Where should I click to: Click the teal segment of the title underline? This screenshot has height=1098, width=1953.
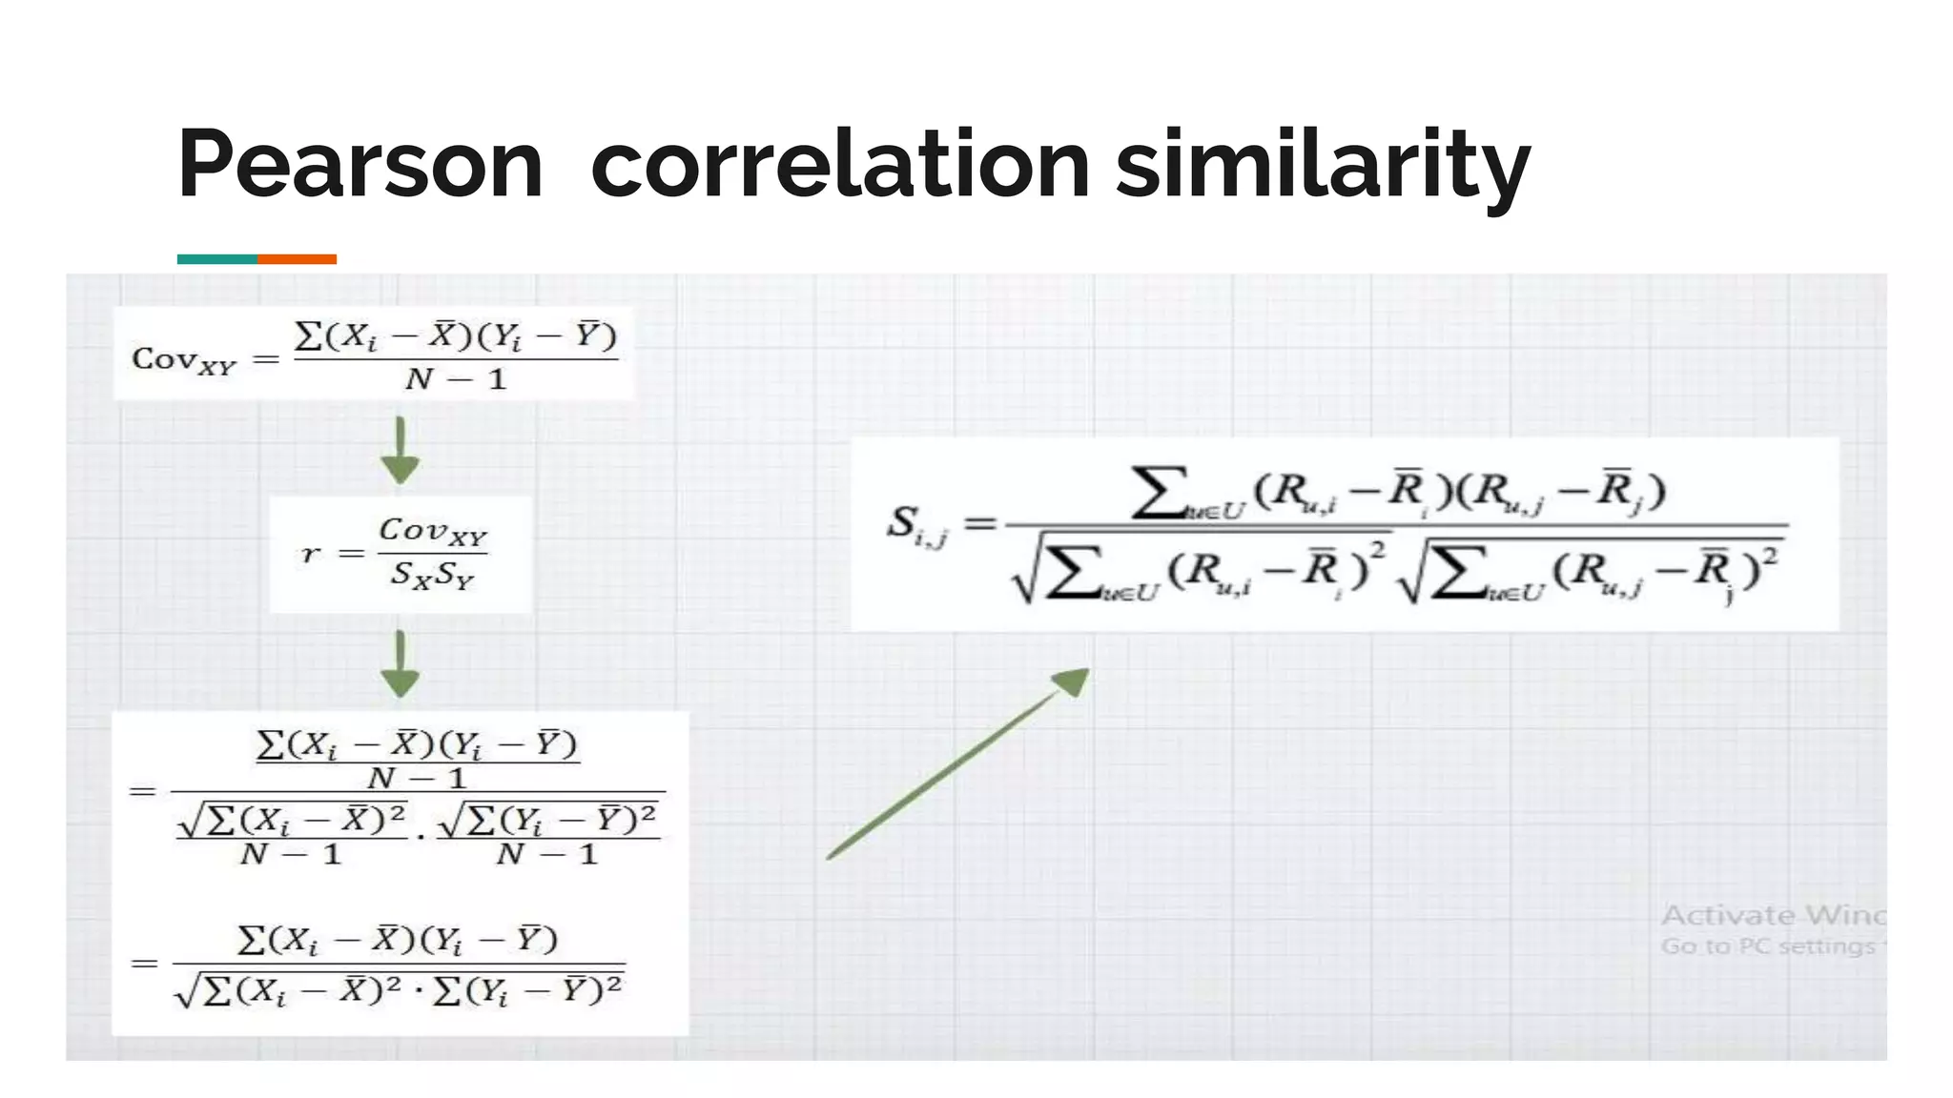[216, 259]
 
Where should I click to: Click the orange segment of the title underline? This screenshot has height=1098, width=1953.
[297, 259]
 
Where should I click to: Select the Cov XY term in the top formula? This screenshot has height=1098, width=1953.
[183, 360]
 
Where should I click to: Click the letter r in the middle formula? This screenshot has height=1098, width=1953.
[311, 554]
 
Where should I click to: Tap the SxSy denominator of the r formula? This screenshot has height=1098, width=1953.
[432, 576]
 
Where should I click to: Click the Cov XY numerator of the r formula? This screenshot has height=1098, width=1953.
[433, 532]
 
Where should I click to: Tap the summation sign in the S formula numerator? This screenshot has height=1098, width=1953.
[1159, 492]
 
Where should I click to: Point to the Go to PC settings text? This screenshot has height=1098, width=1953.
[1767, 946]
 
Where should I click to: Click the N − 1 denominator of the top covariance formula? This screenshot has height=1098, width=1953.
[456, 380]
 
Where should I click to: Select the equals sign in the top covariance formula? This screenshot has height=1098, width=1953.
[265, 360]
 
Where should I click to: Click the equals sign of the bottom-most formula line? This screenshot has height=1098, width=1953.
[144, 964]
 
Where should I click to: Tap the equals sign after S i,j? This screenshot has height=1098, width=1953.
[980, 523]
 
